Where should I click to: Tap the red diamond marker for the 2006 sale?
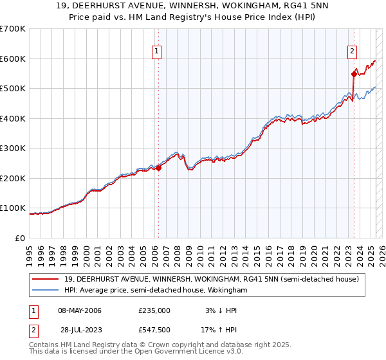[158, 168]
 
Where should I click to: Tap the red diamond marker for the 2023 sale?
[354, 74]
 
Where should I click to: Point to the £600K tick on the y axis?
[14, 59]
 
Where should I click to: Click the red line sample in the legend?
[46, 279]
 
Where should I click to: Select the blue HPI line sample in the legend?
[46, 290]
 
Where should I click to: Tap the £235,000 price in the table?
[154, 310]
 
